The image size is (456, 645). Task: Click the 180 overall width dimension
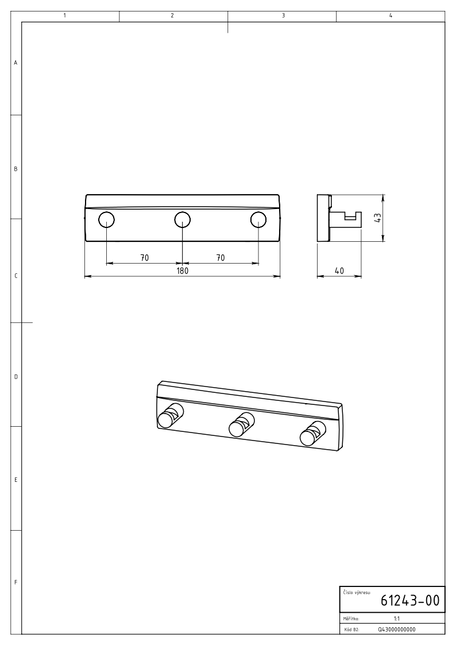tap(183, 271)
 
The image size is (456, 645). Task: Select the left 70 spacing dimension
tap(144, 258)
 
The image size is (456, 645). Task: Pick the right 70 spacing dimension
tap(221, 258)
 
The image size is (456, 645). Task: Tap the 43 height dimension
tap(378, 217)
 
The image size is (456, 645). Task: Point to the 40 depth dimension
tap(339, 271)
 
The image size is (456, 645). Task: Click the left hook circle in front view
tap(106, 219)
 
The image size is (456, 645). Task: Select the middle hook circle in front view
tap(183, 219)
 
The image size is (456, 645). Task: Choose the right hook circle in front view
tap(258, 219)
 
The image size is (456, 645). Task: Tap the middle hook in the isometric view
tap(241, 424)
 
